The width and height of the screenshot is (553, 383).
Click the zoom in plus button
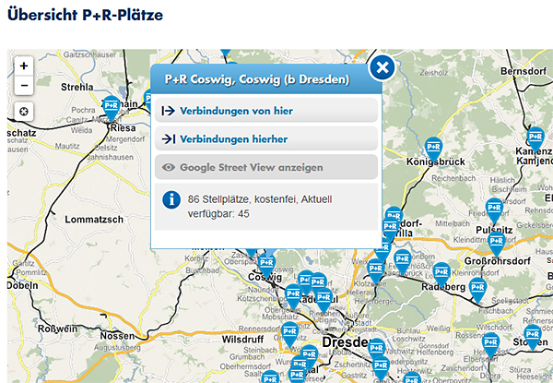(x=24, y=66)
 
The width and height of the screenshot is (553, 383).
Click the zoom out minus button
(x=24, y=86)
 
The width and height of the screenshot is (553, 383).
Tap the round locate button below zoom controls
(x=24, y=112)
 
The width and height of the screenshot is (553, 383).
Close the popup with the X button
(x=382, y=68)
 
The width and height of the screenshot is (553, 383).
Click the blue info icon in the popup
(x=171, y=199)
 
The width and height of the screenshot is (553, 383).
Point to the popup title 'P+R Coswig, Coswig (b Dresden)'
(x=256, y=80)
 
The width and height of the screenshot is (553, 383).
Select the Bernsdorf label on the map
(x=524, y=71)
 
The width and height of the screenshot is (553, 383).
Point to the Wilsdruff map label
(x=242, y=339)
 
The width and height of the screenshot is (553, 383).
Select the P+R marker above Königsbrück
(x=434, y=145)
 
